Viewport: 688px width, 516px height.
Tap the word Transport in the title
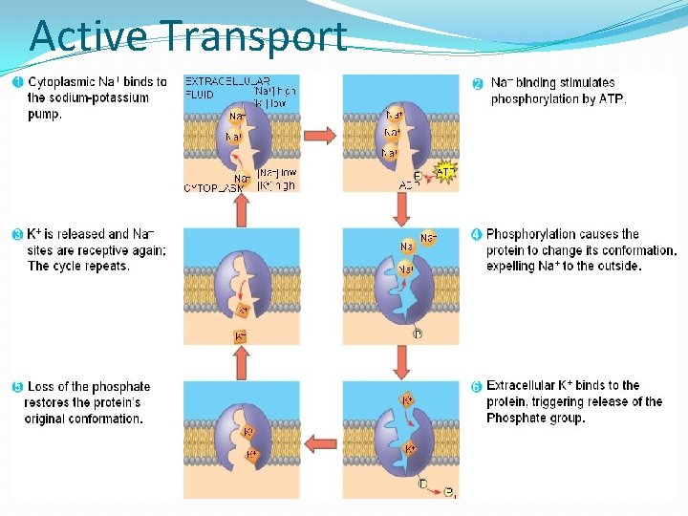[253, 37]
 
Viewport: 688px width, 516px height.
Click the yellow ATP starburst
[444, 173]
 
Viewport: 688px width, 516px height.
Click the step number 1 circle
[18, 82]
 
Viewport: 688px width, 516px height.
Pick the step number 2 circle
[478, 83]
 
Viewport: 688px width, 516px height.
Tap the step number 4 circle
[477, 234]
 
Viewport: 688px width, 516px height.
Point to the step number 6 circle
[477, 387]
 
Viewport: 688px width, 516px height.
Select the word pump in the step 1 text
[44, 114]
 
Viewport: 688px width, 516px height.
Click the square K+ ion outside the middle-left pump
[240, 335]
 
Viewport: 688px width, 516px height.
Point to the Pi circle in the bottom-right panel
[448, 492]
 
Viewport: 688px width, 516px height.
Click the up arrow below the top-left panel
[240, 210]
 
